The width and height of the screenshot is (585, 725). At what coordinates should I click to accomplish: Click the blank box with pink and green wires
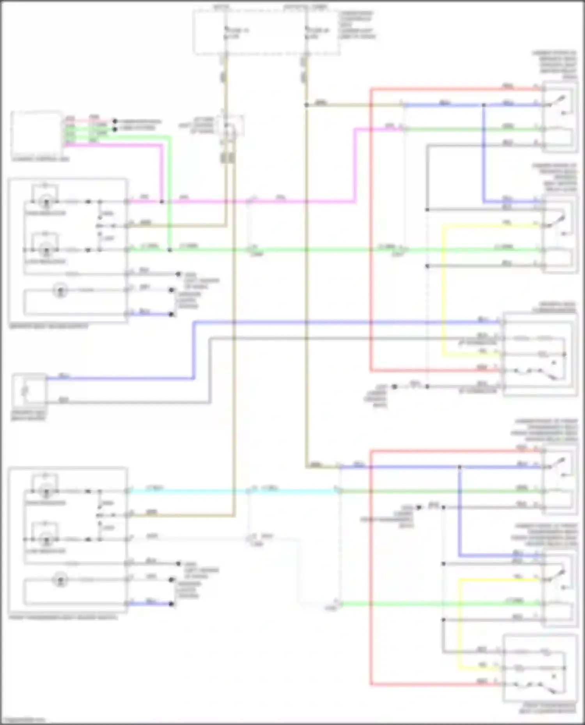(x=37, y=134)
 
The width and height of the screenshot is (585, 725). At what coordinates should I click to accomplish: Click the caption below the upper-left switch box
(x=49, y=326)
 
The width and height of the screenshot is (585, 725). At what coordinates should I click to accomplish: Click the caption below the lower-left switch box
(x=62, y=617)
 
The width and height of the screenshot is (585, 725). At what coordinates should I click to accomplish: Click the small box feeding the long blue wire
(x=29, y=390)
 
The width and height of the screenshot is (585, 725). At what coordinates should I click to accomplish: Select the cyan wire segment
(x=187, y=491)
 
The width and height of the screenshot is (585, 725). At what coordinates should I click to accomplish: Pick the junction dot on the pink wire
(x=162, y=202)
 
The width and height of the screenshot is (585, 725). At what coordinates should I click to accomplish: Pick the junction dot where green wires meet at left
(x=170, y=250)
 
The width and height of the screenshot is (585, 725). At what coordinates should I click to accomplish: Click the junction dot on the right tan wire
(x=307, y=105)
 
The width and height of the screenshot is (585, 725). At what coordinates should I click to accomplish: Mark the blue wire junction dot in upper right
(x=484, y=105)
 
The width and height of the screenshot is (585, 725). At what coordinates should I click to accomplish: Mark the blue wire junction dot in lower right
(x=460, y=467)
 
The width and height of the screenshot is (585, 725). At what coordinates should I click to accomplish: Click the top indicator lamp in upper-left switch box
(x=46, y=202)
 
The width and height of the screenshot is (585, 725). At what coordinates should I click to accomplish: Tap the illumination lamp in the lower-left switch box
(x=60, y=580)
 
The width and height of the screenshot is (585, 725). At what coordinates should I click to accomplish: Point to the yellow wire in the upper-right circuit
(x=443, y=288)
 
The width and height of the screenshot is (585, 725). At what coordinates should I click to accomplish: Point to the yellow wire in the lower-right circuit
(x=459, y=623)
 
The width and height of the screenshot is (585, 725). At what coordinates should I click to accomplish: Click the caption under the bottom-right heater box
(x=548, y=708)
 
